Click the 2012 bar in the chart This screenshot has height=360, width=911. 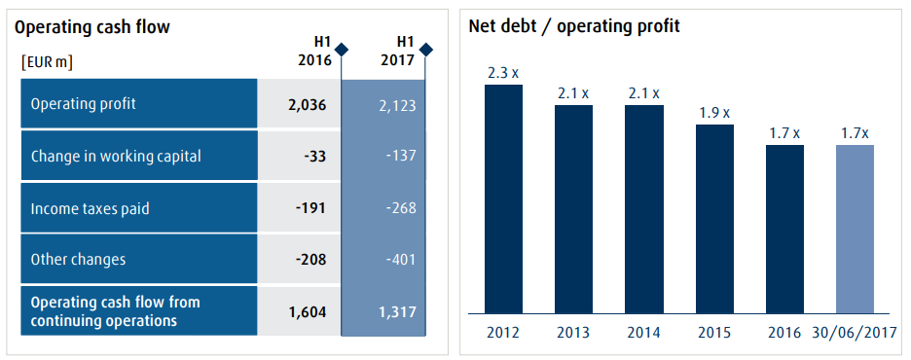pos(503,199)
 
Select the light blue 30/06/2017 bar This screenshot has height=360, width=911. pos(855,230)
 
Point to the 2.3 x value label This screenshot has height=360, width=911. pos(503,71)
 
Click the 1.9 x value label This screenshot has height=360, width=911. pos(713,112)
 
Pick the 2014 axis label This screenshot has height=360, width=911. pos(643,332)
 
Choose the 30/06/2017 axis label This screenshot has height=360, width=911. pos(855,332)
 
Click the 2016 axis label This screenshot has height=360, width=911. pos(784,332)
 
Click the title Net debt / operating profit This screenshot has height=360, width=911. pos(574,26)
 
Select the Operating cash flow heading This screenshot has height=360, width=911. pos(92,27)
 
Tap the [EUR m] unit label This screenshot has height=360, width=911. pos(47,62)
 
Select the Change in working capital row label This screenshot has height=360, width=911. pos(116,156)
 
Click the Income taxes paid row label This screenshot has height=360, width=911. pos(89,207)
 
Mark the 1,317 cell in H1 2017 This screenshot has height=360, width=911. pos(396,310)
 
